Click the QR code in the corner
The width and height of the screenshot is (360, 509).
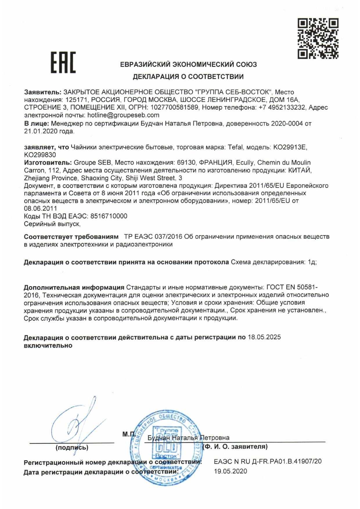[318, 38]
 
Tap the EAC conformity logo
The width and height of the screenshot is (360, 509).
[63, 62]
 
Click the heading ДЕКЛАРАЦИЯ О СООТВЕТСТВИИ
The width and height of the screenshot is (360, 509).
[188, 77]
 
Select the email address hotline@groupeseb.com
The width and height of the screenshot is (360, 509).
[123, 115]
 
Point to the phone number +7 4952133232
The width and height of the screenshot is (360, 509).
[282, 107]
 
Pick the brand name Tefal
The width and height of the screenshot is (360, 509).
[235, 147]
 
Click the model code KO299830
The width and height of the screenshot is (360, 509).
[40, 155]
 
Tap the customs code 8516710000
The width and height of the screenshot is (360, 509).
[109, 216]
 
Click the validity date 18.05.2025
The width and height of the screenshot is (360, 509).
[264, 337]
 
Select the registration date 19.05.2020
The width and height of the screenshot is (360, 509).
[231, 471]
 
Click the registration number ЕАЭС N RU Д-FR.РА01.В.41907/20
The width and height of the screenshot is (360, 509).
[268, 461]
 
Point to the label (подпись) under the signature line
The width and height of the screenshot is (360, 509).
[72, 447]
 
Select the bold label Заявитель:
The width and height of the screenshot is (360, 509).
[43, 92]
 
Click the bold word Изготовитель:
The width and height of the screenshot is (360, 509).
[48, 163]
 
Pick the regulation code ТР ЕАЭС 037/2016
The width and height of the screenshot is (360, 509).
[153, 237]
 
